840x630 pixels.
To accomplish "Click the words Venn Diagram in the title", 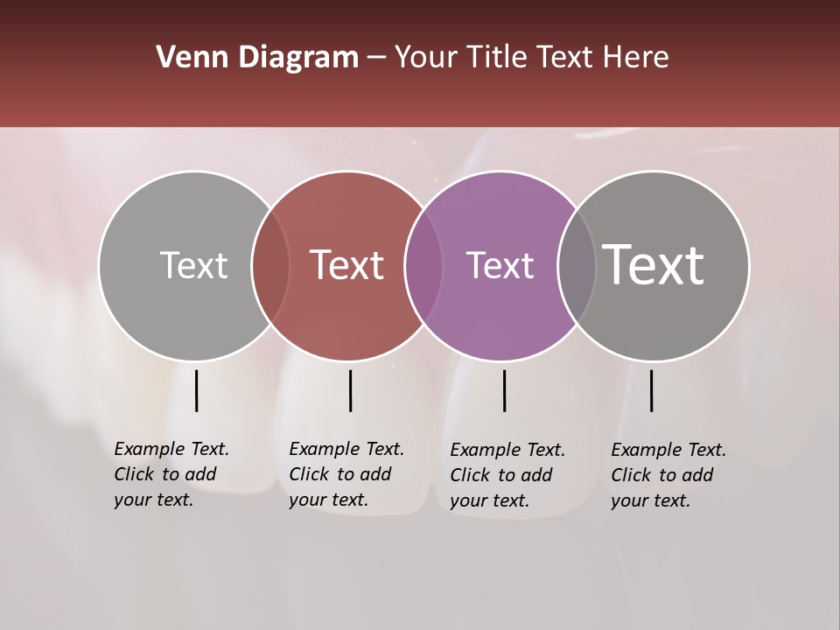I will (257, 58).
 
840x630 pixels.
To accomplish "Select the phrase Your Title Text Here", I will (531, 58).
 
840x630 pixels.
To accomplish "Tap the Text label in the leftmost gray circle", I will (193, 266).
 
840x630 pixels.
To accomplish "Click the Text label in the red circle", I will (347, 266).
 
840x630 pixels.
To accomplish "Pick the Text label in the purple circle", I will (500, 266).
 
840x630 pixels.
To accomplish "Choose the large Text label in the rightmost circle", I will (654, 264).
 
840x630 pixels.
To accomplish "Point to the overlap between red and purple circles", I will (423, 266).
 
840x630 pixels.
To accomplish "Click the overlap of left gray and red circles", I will (270, 266).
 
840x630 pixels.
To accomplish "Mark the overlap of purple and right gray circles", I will (576, 266).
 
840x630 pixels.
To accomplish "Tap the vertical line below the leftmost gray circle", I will (196, 390).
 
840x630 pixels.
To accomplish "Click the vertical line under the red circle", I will (350, 390).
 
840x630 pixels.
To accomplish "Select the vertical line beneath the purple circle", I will (504, 390).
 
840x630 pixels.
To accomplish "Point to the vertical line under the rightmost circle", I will (651, 390).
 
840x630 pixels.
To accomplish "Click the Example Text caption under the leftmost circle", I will (171, 474).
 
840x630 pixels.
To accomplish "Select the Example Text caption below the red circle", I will (346, 474).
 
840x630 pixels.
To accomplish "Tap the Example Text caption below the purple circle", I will (507, 475).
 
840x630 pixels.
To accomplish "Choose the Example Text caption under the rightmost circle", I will (668, 475).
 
